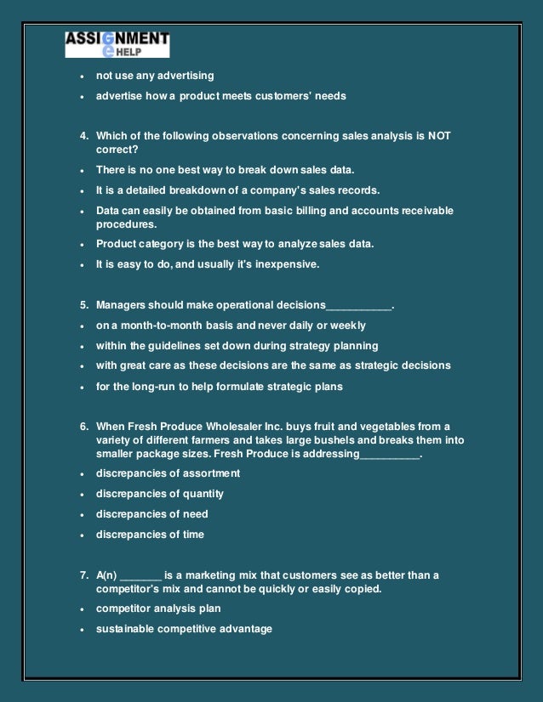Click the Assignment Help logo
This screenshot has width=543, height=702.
click(117, 45)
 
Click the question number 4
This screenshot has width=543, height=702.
click(83, 135)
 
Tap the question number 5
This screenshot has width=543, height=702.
click(83, 304)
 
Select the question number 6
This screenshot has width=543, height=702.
click(83, 426)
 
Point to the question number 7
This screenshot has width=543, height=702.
click(83, 575)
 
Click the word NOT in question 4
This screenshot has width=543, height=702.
click(438, 135)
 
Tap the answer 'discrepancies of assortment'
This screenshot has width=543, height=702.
click(168, 473)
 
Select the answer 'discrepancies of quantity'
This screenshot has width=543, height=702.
click(160, 494)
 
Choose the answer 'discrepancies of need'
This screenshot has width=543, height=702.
click(151, 514)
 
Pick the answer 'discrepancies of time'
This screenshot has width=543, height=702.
click(150, 535)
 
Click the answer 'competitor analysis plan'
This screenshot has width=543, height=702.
click(158, 609)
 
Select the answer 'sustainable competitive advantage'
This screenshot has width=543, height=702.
click(184, 629)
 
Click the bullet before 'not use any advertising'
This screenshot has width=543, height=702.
click(81, 76)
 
